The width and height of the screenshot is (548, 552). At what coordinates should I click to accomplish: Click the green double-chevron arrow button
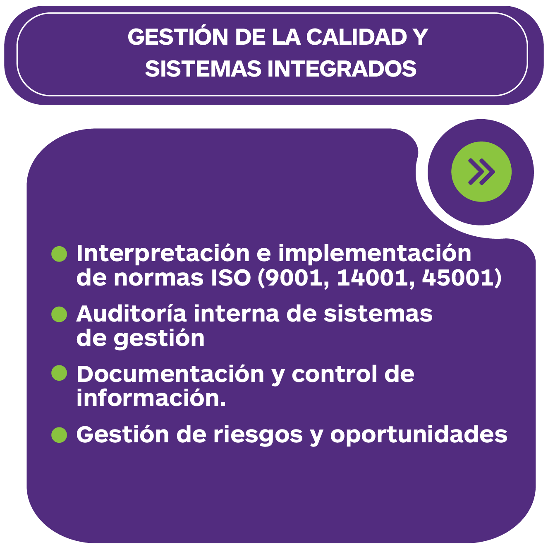(481, 172)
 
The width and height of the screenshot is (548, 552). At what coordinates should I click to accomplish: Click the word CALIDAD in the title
(357, 37)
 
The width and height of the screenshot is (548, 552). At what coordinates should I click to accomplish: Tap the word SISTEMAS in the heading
(203, 69)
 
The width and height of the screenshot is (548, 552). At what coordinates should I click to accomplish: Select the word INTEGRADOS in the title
(342, 69)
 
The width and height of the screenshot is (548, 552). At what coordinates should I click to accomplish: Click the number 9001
(294, 278)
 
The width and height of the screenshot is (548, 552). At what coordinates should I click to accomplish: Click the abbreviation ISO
(231, 278)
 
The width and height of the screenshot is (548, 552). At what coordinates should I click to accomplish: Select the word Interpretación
(163, 254)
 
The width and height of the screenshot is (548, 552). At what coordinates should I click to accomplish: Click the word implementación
(374, 254)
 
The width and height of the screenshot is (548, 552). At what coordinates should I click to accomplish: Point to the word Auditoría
(132, 313)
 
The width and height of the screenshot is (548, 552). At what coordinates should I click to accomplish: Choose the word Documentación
(170, 374)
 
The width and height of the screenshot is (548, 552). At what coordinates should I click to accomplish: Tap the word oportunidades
(419, 435)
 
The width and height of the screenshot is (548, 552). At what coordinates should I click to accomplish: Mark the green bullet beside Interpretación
(59, 254)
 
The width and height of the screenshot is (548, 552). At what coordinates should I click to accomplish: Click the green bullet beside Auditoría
(59, 314)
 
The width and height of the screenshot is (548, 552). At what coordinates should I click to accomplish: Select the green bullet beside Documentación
(59, 373)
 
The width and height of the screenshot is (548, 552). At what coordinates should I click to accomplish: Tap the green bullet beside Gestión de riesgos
(59, 435)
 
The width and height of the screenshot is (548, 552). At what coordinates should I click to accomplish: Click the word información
(151, 398)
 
